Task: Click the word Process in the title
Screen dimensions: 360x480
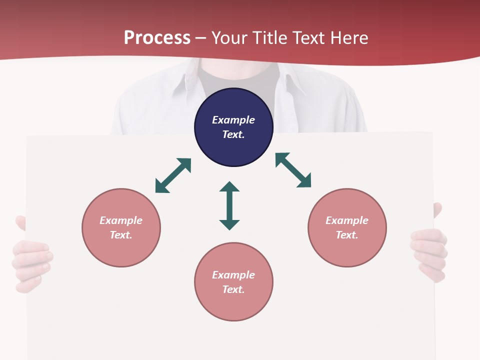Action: (157, 38)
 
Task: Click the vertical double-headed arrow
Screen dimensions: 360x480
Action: (229, 206)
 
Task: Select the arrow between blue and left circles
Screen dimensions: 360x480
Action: (173, 175)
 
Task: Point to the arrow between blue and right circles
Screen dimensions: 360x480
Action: (293, 170)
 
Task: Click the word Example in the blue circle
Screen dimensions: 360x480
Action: (233, 120)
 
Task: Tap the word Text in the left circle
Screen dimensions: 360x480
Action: (120, 235)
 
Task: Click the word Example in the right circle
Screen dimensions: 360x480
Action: (347, 220)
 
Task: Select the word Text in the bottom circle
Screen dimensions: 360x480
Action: (233, 289)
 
